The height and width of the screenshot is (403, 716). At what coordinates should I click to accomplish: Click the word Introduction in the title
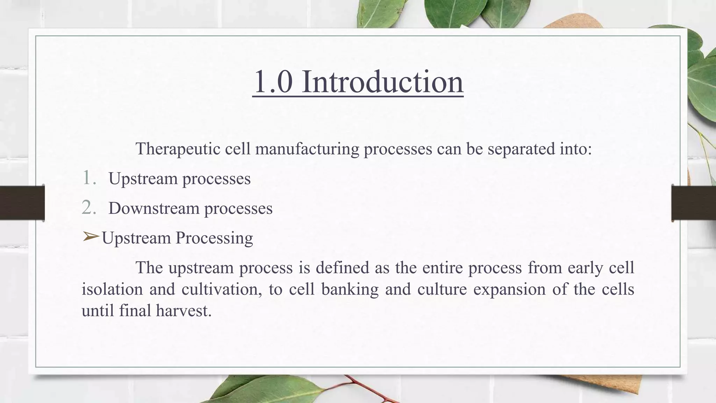point(382,82)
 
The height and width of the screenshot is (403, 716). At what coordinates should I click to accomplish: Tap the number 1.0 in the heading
point(273,82)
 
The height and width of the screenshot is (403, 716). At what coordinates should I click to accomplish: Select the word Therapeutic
point(178,149)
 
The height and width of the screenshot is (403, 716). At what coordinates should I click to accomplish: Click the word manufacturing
point(307,149)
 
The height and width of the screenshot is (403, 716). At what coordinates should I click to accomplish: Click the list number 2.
point(89,207)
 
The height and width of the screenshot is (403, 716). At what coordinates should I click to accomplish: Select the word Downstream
point(154,208)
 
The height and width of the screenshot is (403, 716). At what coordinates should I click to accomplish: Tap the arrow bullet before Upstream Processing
point(91,237)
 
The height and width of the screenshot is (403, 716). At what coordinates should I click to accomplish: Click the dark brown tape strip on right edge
point(694,203)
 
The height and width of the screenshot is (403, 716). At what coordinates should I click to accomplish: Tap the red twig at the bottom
point(371,390)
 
